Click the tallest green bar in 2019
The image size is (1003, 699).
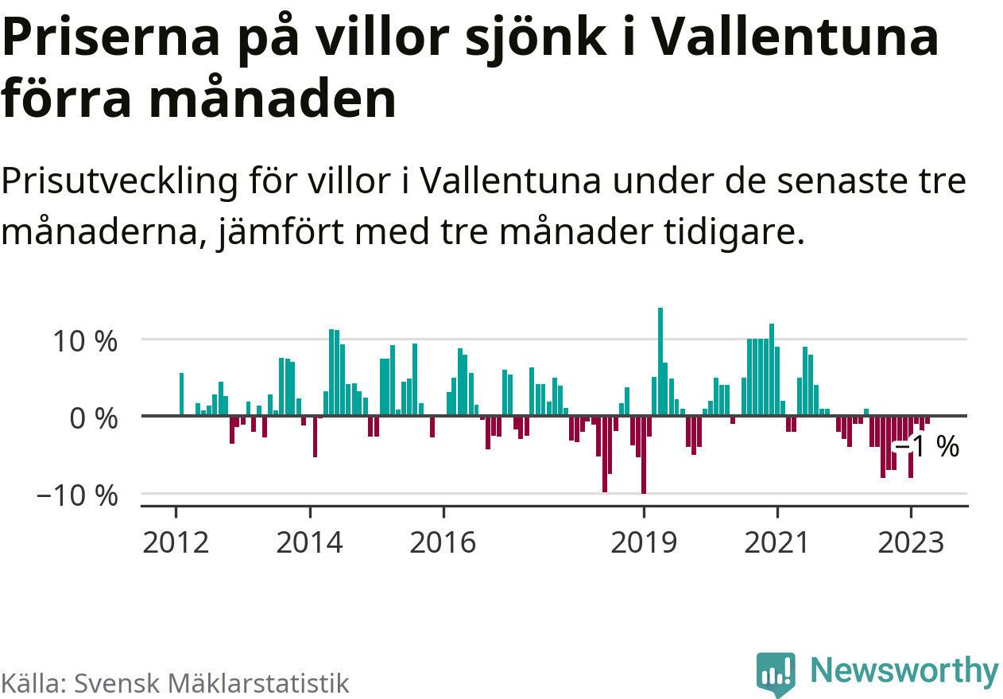pos(660,362)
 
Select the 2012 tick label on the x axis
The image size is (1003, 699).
pos(176,544)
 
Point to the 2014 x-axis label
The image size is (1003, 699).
pos(311,544)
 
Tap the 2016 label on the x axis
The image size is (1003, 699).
pos(443,544)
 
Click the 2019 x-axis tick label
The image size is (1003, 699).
pos(644,544)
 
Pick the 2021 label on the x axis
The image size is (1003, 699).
pos(777,544)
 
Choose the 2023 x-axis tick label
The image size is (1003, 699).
pos(911,544)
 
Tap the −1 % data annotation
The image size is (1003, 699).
pos(927,447)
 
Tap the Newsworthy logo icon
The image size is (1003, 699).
pos(775,674)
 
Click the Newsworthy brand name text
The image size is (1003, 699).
pos(904,671)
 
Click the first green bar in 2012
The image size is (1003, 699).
pos(181,394)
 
